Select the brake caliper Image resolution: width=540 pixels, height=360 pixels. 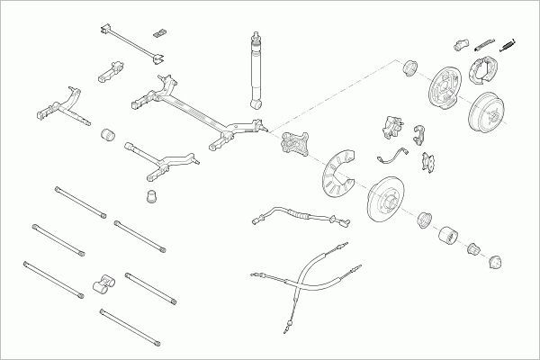click(x=392, y=128)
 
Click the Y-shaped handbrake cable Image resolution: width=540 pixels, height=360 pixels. click(x=301, y=279)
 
